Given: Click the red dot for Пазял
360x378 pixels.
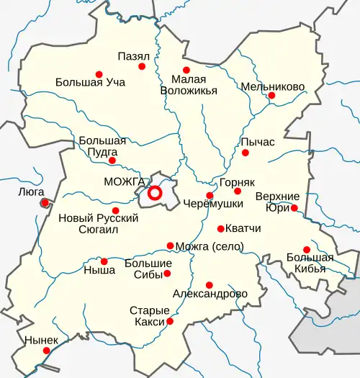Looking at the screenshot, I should pyautogui.click(x=142, y=66).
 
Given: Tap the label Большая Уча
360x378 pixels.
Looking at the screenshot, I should pyautogui.click(x=90, y=82).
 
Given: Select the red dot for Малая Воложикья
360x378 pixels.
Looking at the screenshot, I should pyautogui.click(x=185, y=70).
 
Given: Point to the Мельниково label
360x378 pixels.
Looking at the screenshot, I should pyautogui.click(x=273, y=86).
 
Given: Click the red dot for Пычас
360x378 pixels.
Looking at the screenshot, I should pyautogui.click(x=246, y=153).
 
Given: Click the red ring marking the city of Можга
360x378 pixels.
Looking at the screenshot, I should pyautogui.click(x=154, y=193).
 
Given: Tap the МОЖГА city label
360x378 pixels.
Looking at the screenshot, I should pyautogui.click(x=125, y=181).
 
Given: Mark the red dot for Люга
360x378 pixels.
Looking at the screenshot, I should pyautogui.click(x=45, y=203).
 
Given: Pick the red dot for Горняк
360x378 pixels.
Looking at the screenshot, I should pyautogui.click(x=238, y=191).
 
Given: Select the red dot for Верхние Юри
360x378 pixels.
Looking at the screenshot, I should pyautogui.click(x=294, y=208).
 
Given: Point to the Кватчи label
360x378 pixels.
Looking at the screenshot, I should pyautogui.click(x=243, y=229).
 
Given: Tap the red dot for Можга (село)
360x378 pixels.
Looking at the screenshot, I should pyautogui.click(x=170, y=246).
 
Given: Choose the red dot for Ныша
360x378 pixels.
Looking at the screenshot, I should pyautogui.click(x=104, y=261).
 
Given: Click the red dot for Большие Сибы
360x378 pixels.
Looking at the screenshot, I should pyautogui.click(x=167, y=273).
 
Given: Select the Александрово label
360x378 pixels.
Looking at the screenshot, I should pyautogui.click(x=210, y=294).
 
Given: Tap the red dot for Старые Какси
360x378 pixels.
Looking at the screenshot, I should pyautogui.click(x=170, y=321).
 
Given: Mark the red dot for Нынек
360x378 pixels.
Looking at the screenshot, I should pyautogui.click(x=46, y=351).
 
